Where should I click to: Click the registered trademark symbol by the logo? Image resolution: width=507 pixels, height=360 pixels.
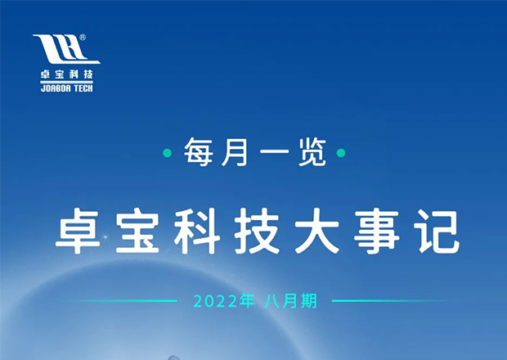point(83,38)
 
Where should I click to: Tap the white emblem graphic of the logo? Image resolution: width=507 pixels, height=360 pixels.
point(66,49)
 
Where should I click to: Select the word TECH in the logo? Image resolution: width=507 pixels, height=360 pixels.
point(83,88)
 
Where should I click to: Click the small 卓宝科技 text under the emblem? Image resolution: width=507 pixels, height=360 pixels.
point(66,74)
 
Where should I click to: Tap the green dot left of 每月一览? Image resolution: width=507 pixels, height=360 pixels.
point(167,153)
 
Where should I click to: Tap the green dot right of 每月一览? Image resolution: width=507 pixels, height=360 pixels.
point(341,153)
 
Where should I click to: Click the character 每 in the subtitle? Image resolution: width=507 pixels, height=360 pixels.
point(198,152)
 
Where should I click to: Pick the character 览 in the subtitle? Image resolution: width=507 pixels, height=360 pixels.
point(312,152)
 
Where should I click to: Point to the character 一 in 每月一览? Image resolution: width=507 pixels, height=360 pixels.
point(274,152)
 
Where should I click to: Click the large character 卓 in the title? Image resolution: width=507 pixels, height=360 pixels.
point(78,231)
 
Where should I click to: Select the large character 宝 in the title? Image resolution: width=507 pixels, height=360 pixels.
point(137,231)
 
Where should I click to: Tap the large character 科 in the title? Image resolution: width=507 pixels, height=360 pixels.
point(198,231)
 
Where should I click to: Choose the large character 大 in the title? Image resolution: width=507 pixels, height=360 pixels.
point(317,231)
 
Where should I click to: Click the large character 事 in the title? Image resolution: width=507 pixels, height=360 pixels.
point(377,231)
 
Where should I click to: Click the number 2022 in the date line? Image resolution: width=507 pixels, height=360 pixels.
point(215,301)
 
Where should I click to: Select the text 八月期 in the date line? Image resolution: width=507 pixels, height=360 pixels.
point(290,301)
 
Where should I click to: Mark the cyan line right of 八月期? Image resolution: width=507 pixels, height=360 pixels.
point(389,301)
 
